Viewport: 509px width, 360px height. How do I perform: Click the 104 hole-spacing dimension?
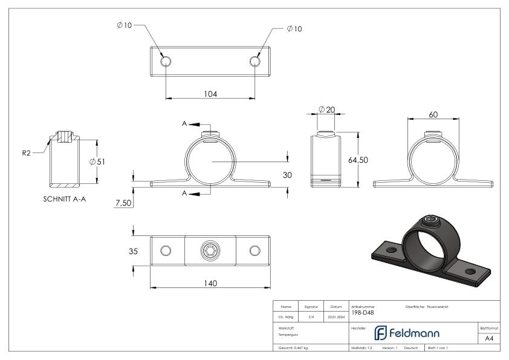click(210, 94)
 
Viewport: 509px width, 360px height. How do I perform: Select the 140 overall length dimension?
click(210, 283)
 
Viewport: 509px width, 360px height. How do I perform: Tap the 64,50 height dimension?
click(355, 160)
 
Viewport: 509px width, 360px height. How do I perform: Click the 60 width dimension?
click(433, 114)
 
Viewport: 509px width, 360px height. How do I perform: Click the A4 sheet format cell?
click(489, 338)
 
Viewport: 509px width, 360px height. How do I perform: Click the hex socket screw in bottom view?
click(210, 251)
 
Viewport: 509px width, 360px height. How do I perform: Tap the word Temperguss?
click(288, 334)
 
